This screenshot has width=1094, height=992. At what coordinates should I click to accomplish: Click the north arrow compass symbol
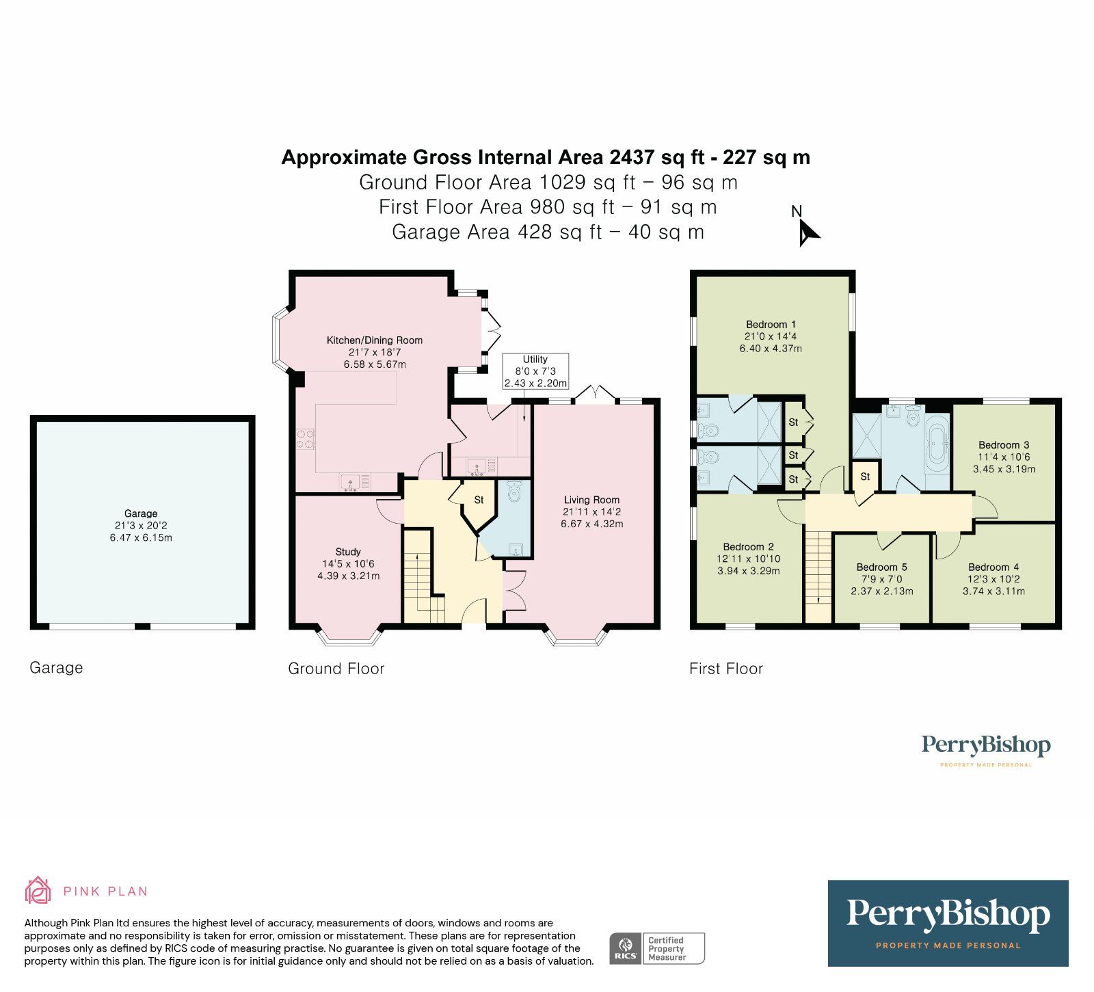tap(808, 232)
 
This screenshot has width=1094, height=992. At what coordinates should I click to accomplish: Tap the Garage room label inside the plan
tap(141, 513)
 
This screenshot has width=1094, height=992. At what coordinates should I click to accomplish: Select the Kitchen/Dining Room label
tap(375, 340)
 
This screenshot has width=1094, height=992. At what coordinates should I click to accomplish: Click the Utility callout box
tap(535, 371)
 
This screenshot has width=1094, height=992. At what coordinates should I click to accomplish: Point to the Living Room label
tap(591, 500)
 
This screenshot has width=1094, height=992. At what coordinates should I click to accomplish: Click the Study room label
tap(348, 552)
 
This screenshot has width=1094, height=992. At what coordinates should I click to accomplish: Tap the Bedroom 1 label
tap(771, 325)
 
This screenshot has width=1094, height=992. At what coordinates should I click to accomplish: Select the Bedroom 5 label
tap(881, 567)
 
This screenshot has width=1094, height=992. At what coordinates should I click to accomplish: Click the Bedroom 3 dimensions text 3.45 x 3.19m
tap(1004, 469)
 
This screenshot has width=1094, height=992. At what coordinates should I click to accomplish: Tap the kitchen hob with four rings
tap(305, 438)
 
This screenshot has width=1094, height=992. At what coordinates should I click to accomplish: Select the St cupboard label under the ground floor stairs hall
tap(479, 500)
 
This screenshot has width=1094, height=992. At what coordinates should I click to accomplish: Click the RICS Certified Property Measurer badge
tap(656, 948)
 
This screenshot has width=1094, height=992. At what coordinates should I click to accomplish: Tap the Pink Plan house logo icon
tap(38, 890)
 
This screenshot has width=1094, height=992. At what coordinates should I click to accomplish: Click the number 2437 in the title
tap(632, 157)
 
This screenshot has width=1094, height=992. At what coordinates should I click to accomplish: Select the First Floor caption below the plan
tap(725, 669)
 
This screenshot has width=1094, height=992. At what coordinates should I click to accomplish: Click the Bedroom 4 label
tap(993, 567)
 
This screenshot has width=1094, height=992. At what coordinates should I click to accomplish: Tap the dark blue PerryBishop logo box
tap(948, 922)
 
